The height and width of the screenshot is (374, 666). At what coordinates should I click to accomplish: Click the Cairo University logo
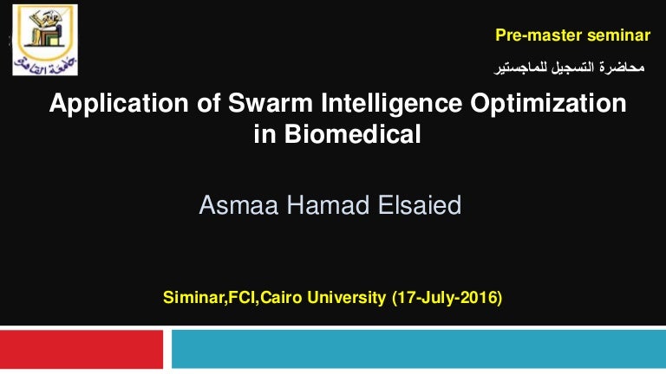click(45, 40)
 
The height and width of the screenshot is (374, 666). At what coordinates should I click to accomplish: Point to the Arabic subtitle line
click(569, 67)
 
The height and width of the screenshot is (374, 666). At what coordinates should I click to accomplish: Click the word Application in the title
click(119, 104)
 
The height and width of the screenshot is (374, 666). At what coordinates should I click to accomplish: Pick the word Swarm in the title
click(271, 103)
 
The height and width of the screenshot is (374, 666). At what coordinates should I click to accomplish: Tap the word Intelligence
click(392, 104)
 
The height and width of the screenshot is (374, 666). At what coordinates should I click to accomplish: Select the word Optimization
click(548, 104)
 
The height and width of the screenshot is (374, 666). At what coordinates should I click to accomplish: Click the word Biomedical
click(353, 134)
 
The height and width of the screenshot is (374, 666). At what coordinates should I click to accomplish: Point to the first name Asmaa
click(238, 205)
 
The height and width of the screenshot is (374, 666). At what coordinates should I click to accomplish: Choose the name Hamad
click(329, 205)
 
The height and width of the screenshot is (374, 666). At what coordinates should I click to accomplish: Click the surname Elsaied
click(420, 205)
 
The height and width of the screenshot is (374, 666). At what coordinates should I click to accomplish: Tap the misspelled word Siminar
click(193, 297)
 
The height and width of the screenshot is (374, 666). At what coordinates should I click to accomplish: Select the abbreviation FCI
click(242, 297)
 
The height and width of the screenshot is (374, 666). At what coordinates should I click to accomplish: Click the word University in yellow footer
click(346, 297)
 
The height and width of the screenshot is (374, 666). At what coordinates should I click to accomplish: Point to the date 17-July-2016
click(447, 297)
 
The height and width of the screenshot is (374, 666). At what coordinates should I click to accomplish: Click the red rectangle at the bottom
click(82, 349)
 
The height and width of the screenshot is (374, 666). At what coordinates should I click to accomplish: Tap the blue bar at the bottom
click(419, 349)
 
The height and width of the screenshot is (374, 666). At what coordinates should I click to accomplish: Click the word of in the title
click(208, 103)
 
